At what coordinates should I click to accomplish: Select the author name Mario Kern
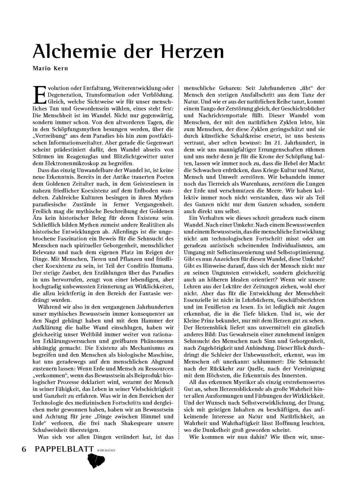[x=50, y=68]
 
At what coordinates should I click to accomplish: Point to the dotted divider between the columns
[x=179, y=250]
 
